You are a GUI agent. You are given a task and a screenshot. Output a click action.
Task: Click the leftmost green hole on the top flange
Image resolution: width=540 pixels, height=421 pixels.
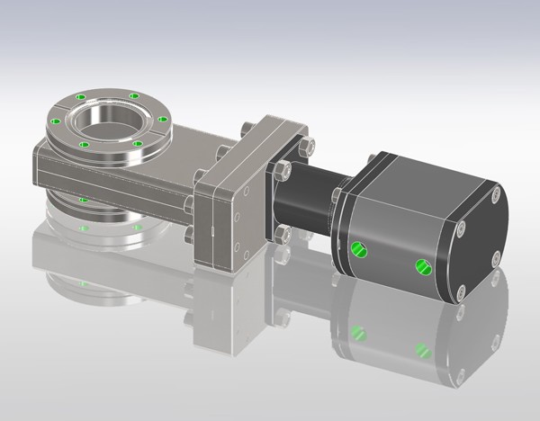point(56,121)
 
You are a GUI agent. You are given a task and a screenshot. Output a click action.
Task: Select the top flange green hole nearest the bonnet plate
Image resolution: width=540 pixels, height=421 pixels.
point(162,119)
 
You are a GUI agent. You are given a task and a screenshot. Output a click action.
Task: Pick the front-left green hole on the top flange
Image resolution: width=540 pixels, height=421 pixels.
point(84,144)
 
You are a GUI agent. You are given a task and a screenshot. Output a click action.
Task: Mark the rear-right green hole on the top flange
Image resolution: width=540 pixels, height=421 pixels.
point(134,95)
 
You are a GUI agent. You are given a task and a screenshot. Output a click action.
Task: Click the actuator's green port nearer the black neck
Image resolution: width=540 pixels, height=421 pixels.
point(359,248)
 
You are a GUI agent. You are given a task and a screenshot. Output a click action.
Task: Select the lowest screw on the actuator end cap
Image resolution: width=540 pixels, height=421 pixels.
point(461,291)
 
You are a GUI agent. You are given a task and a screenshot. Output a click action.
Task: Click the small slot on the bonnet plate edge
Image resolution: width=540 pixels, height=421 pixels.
point(212,230)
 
